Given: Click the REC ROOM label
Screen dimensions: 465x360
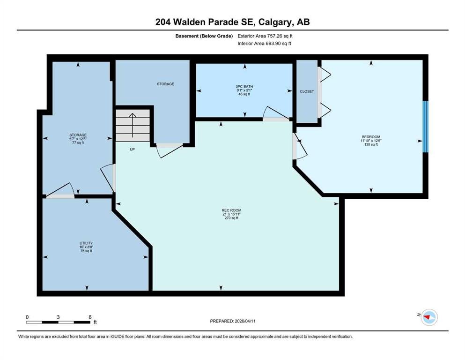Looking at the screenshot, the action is (232, 210).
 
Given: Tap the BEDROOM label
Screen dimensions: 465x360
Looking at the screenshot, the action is (371, 137).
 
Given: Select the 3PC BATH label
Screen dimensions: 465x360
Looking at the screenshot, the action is (244, 86).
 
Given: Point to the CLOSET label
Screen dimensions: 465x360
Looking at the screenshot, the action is (307, 91).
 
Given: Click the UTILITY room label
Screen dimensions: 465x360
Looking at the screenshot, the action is (86, 243).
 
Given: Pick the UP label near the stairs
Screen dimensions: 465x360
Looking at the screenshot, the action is (132, 149).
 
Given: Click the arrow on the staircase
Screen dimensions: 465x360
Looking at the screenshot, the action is (132, 125).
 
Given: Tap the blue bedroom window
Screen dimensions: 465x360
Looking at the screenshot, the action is (426, 127).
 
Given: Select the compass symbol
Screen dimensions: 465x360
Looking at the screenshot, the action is (429, 317).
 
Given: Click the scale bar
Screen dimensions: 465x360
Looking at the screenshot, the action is (58, 322).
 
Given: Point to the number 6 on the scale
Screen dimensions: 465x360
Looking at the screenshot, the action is (90, 317).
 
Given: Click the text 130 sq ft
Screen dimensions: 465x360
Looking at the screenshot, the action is (371, 144).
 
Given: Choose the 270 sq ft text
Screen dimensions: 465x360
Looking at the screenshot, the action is (232, 218).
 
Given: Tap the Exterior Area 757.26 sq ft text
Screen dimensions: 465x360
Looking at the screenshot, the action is (265, 36).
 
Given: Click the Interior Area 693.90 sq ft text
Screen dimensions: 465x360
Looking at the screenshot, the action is (264, 43).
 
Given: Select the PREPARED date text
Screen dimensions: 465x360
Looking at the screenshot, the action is (233, 321).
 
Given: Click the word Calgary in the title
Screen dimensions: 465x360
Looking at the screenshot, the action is (274, 22).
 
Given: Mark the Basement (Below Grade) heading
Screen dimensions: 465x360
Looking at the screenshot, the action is (204, 36).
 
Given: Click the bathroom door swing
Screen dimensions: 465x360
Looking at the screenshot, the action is (276, 112).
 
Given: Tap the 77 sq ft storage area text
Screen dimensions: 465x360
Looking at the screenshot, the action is (78, 142).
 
